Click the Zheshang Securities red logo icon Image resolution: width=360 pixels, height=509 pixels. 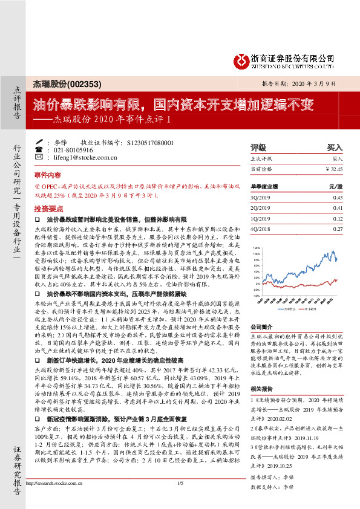241,59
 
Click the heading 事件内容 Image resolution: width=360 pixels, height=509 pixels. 45,173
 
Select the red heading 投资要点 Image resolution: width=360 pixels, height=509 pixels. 45,207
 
